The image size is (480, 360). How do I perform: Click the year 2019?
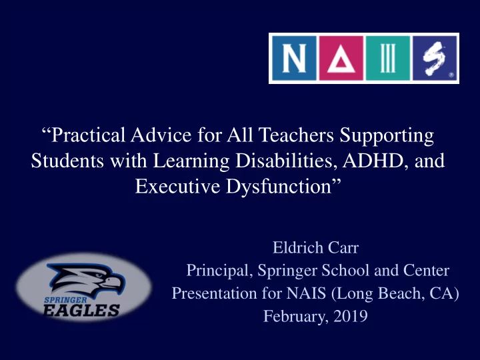pyautogui.click(x=350, y=317)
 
